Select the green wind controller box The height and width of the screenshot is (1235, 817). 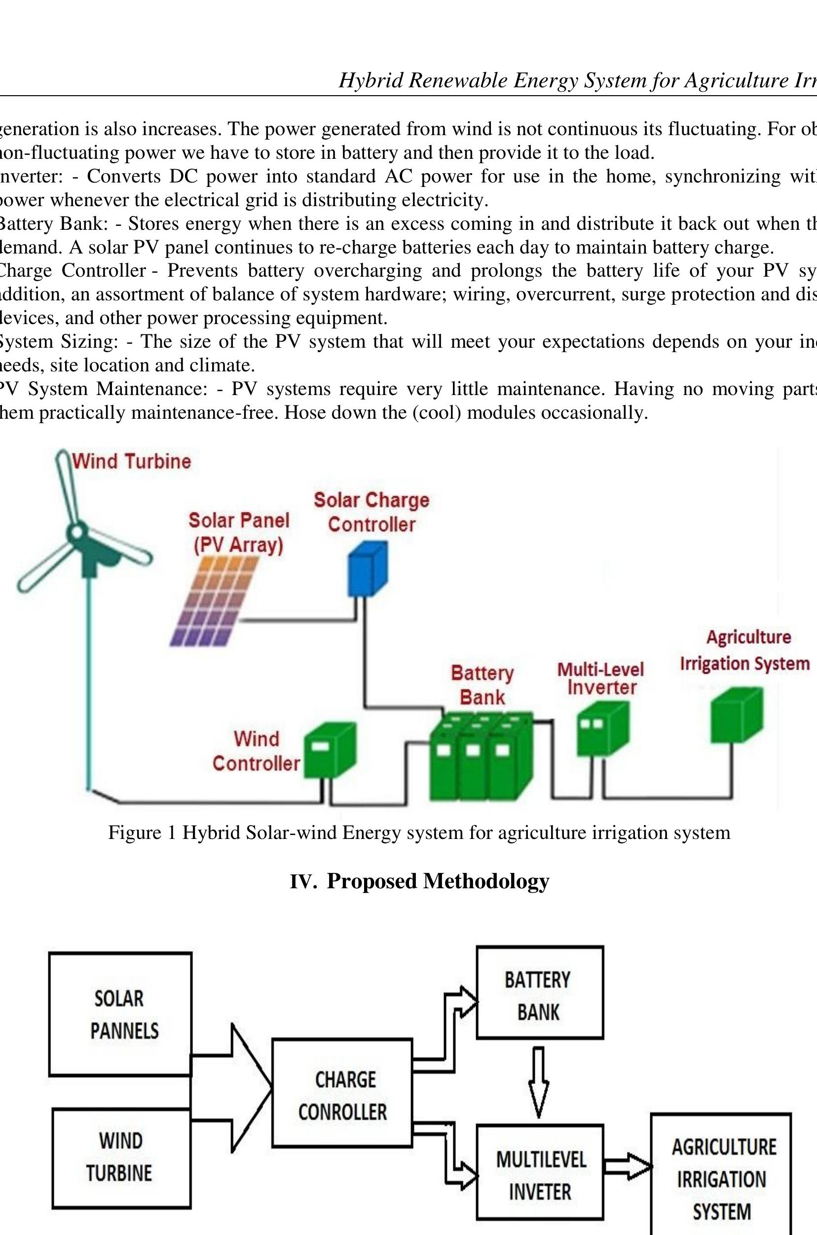pyautogui.click(x=329, y=751)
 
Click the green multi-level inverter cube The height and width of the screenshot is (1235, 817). pyautogui.click(x=602, y=728)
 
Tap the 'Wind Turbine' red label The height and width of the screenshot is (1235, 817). pyautogui.click(x=131, y=462)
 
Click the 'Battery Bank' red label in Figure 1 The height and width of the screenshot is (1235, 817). pyautogui.click(x=482, y=686)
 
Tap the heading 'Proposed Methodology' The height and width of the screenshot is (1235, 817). pyautogui.click(x=438, y=881)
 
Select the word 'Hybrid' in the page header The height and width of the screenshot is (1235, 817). pyautogui.click(x=371, y=80)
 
